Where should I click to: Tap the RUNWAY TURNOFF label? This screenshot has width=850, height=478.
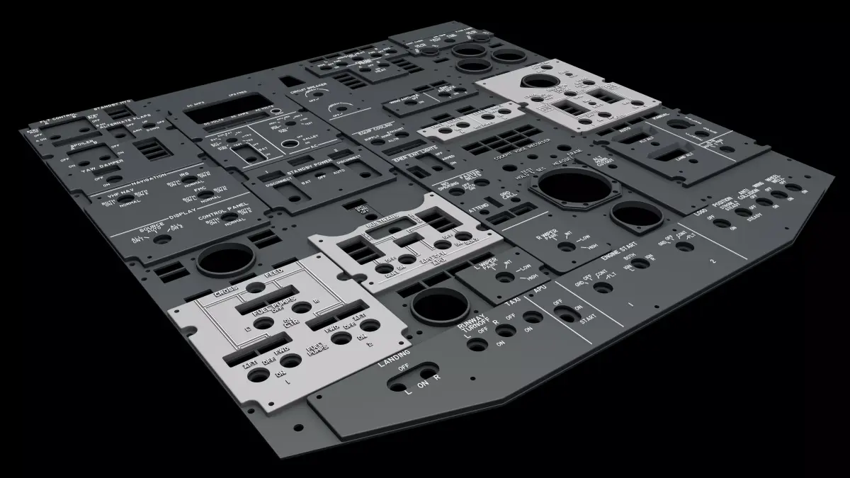click(x=472, y=325)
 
